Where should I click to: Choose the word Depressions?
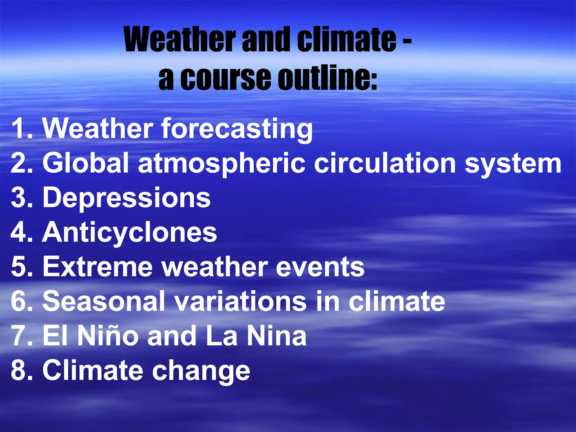[x=127, y=198]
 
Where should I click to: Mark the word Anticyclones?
[x=130, y=233]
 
